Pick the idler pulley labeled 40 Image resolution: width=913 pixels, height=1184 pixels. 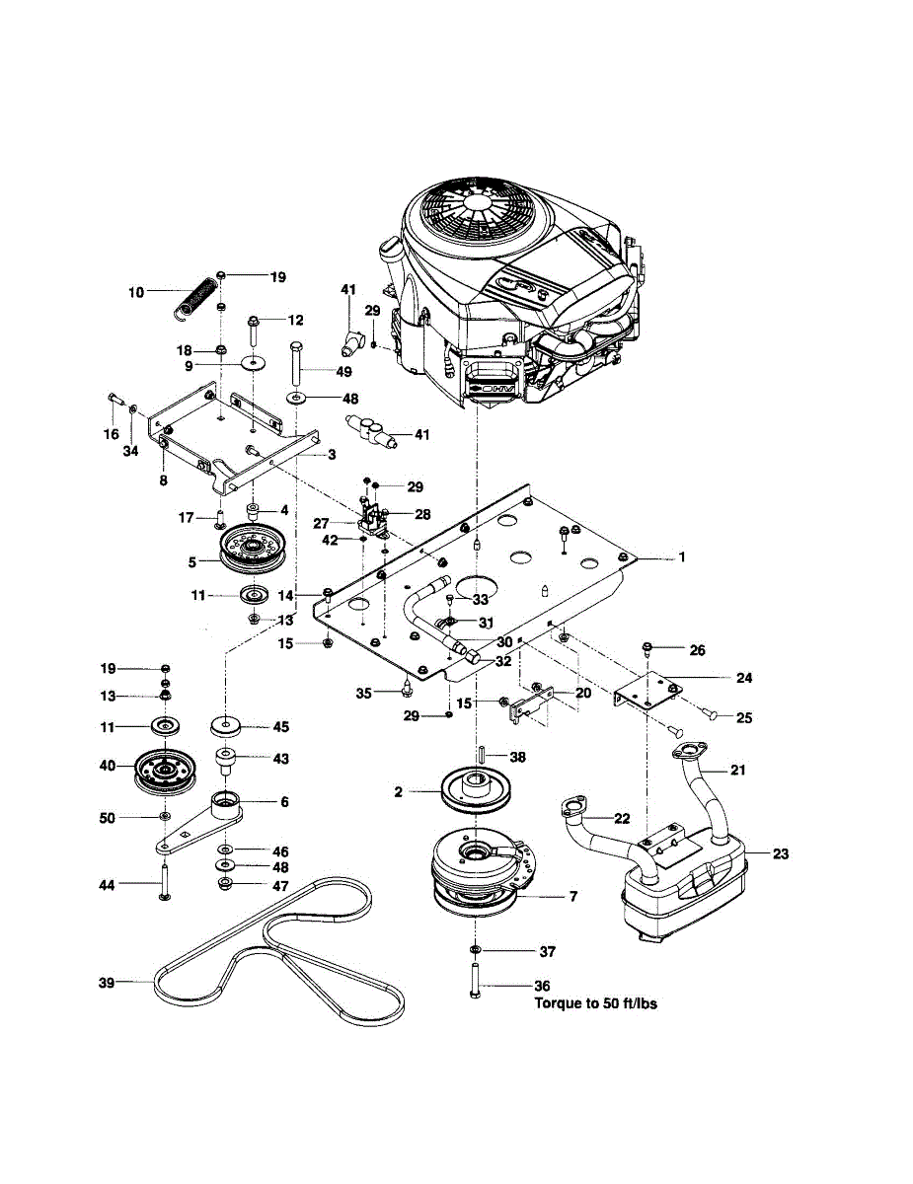(x=164, y=772)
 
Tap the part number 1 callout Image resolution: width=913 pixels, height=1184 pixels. (x=681, y=557)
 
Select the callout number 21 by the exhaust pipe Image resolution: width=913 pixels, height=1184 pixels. (x=737, y=770)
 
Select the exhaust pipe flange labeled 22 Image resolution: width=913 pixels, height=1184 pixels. (x=571, y=808)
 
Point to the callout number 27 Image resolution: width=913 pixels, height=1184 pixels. (x=322, y=523)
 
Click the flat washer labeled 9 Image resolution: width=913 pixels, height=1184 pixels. (x=254, y=363)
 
